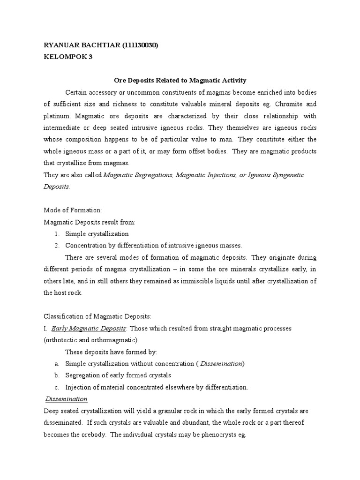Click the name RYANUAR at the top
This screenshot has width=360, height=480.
coord(60,45)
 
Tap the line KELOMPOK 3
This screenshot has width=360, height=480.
coord(65,57)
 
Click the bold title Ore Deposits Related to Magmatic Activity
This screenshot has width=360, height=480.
coord(180,81)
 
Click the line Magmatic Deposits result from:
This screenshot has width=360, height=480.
coord(89,222)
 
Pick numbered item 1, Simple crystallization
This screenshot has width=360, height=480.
coord(97,233)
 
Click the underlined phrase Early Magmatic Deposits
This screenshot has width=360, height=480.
coord(89,329)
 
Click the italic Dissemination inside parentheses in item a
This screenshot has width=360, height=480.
coord(221,364)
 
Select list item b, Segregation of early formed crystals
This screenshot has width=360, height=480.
coord(118,375)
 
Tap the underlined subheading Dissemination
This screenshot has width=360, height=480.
coord(66,399)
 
